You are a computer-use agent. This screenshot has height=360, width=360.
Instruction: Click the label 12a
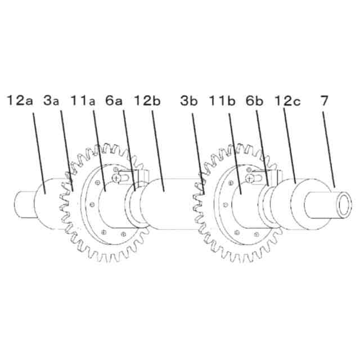[20, 101]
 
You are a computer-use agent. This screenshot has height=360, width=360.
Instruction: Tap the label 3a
[51, 101]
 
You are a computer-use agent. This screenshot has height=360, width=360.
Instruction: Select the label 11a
[83, 101]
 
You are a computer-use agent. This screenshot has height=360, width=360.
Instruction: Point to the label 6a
[114, 101]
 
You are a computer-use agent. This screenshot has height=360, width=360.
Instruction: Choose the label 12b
[147, 101]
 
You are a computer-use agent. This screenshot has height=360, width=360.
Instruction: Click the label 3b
[189, 101]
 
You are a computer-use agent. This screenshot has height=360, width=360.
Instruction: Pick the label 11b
[222, 101]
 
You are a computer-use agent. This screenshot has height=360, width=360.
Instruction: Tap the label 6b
[254, 101]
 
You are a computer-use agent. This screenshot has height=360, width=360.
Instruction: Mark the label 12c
[287, 101]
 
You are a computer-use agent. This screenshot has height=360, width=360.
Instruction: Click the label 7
[324, 101]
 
